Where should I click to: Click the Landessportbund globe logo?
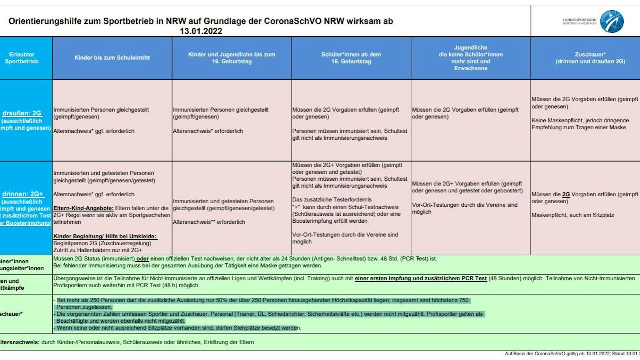pos(612,21)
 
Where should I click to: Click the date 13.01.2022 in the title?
pos(201,31)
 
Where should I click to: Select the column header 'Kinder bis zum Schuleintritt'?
pos(112,58)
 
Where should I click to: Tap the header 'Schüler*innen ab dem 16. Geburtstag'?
pos(351,58)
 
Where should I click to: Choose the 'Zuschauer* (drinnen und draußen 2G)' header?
pos(590,58)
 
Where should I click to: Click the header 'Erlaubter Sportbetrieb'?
pos(22,58)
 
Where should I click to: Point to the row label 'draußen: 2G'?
pos(22,113)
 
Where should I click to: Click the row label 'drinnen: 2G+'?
pos(23,194)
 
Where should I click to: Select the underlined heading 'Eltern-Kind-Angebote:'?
pos(83,208)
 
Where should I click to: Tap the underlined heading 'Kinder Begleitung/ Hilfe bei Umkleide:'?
pos(105,236)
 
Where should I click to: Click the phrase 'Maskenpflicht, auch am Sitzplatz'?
pos(572,215)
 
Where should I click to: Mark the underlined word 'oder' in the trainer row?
pos(142,259)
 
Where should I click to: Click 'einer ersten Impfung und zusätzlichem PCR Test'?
pos(420,278)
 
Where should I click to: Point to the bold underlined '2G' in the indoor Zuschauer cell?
pos(566,194)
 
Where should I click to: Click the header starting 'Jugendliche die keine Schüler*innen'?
pos(470,58)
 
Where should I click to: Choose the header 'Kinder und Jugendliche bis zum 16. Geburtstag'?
pos(232,58)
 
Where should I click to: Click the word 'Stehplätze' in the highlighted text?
pos(247,328)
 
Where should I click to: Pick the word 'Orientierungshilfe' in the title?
pos(45,21)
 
